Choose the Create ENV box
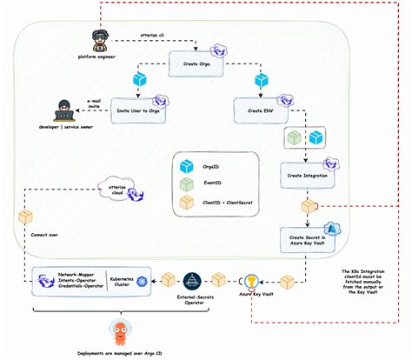click(261, 111)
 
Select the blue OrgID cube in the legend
click(185, 165)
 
